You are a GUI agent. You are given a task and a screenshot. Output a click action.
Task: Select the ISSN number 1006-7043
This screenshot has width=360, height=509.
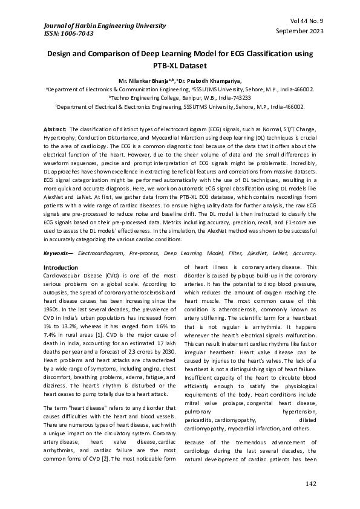67,34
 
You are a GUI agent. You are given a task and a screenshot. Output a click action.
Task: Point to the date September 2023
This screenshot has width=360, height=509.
299,31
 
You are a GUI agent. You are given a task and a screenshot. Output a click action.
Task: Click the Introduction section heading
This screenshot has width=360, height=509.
61,267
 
